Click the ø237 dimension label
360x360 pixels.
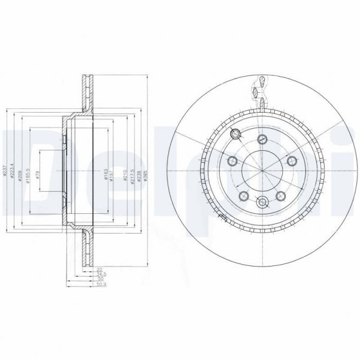tap(5, 172)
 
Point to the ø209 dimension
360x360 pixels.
tap(20, 174)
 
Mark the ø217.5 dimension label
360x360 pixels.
tap(132, 174)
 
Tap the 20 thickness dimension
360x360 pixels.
tap(99, 271)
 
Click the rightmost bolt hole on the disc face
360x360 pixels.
tap(292, 161)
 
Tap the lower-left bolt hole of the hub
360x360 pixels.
tap(243, 196)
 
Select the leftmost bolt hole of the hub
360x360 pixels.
tap(232, 161)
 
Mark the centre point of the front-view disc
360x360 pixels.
tap(262, 168)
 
